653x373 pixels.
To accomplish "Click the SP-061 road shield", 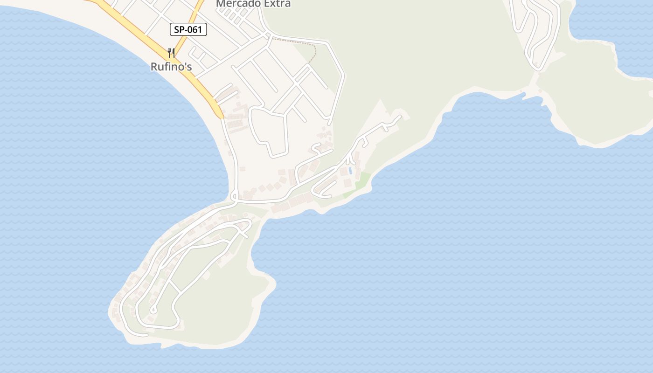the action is coord(188,30).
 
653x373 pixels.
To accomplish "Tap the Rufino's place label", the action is coord(171,67).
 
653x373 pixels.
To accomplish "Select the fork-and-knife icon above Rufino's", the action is coord(171,53).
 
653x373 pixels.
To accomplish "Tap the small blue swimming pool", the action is coord(350,171).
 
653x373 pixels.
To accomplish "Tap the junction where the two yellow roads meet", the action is coord(174,60).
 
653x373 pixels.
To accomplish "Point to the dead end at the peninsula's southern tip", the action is coord(146,335).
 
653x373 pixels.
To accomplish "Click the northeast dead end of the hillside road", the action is coord(400,116).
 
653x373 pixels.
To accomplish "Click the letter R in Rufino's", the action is coord(154,67).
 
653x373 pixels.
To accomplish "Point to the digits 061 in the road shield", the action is coord(195,30).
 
